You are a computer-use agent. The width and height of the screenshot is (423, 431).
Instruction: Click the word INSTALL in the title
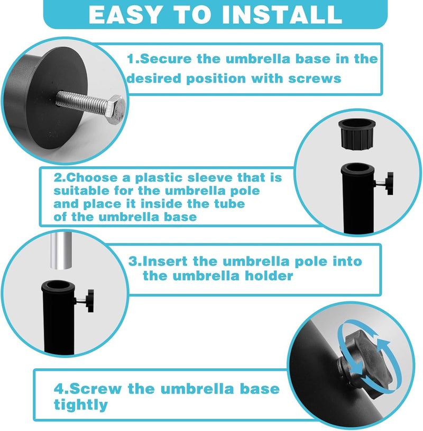[282, 15]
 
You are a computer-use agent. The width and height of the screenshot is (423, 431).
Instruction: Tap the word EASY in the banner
[124, 15]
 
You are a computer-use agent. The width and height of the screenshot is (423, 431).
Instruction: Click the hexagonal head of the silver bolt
[116, 109]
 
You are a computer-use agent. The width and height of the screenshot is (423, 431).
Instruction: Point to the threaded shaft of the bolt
[81, 102]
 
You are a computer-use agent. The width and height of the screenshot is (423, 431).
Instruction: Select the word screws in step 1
[315, 78]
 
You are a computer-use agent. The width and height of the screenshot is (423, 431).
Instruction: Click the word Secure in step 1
[165, 59]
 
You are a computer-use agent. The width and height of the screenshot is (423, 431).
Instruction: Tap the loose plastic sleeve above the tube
[356, 134]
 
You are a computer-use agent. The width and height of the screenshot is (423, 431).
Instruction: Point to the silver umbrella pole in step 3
[61, 250]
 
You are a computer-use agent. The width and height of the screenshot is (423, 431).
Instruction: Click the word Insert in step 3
[165, 261]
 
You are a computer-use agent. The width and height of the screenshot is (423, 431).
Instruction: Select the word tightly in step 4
[81, 405]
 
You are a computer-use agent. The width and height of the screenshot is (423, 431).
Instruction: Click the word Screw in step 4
[95, 389]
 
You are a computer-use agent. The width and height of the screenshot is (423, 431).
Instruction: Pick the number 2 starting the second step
[58, 177]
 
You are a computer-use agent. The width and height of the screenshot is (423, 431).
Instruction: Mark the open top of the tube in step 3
[58, 286]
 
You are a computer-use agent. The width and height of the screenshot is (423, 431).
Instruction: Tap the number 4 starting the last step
[59, 389]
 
